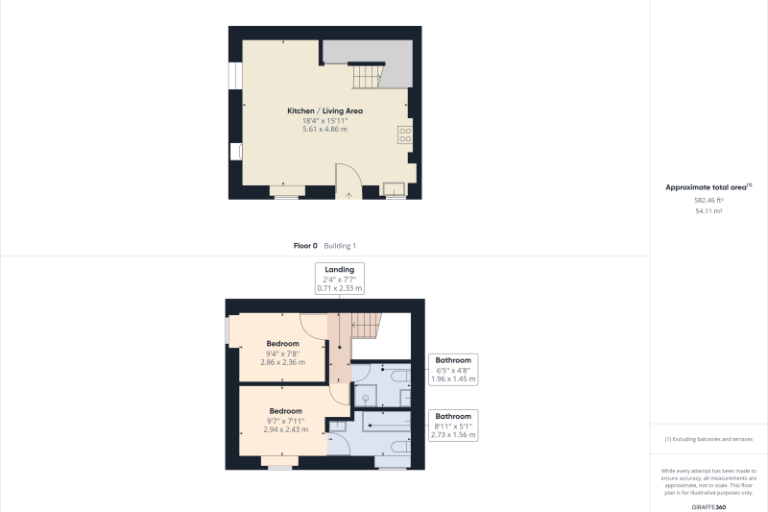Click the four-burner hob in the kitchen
[x=405, y=134]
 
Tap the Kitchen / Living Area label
[x=324, y=110]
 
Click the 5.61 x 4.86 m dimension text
[x=324, y=130]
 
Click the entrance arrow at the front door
[x=348, y=196]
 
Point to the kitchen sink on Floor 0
[x=395, y=189]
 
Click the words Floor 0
[x=305, y=246]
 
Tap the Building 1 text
[x=340, y=246]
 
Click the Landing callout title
[x=340, y=270]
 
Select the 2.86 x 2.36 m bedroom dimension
[x=282, y=362]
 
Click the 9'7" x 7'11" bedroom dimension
[x=285, y=421]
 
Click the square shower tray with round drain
[x=365, y=396]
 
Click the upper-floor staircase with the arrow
[x=367, y=325]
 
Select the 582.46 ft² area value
[x=708, y=201]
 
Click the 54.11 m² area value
[x=708, y=211]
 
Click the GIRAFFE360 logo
[x=708, y=507]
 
